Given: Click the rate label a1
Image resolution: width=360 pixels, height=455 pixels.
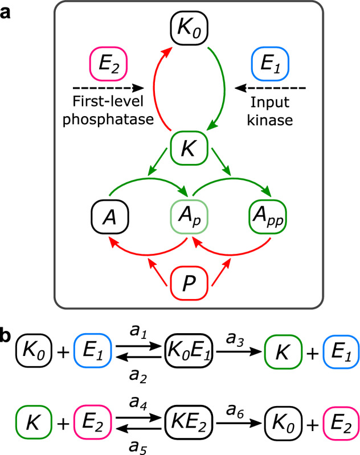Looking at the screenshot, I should (137, 329).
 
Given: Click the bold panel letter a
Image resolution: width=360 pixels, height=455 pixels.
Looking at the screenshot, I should (6, 9).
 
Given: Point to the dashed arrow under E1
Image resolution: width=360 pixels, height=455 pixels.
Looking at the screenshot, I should (272, 88).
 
